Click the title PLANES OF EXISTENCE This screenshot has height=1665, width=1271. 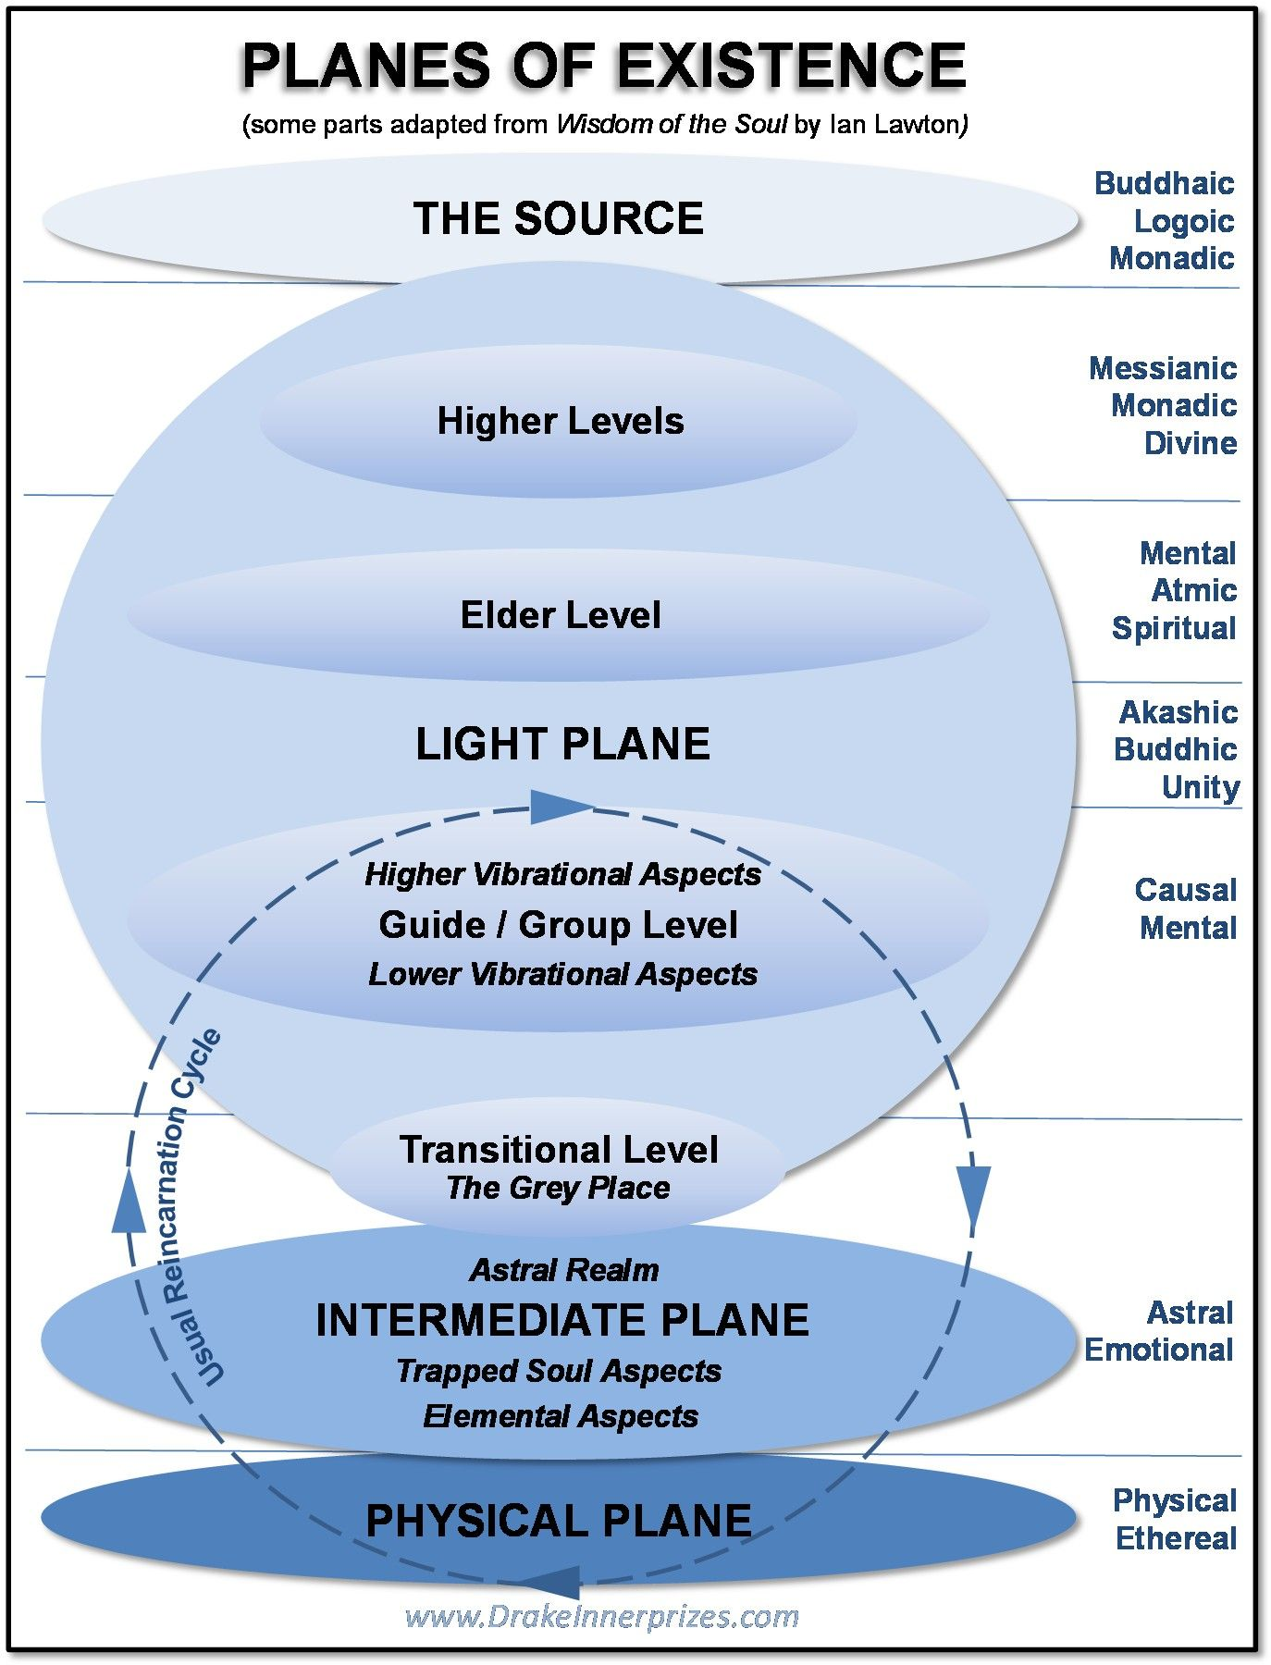[603, 67]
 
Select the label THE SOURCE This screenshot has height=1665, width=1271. [558, 219]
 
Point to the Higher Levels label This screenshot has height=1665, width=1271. [560, 422]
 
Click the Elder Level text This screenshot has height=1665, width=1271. [561, 615]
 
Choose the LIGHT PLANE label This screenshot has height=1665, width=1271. [562, 745]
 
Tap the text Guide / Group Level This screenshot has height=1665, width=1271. [558, 925]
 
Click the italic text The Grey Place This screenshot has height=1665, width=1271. [558, 1188]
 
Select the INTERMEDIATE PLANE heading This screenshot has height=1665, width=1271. [561, 1320]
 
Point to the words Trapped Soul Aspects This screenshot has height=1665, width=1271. [559, 1371]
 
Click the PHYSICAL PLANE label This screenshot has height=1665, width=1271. [558, 1522]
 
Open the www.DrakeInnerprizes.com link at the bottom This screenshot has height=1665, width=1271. [601, 1617]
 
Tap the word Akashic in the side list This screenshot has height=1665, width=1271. [1178, 712]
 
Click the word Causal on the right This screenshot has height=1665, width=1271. [1185, 890]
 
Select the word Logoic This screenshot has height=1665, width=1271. [1183, 221]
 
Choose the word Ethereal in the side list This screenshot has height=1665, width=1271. [1176, 1538]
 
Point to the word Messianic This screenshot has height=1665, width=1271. [1163, 368]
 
